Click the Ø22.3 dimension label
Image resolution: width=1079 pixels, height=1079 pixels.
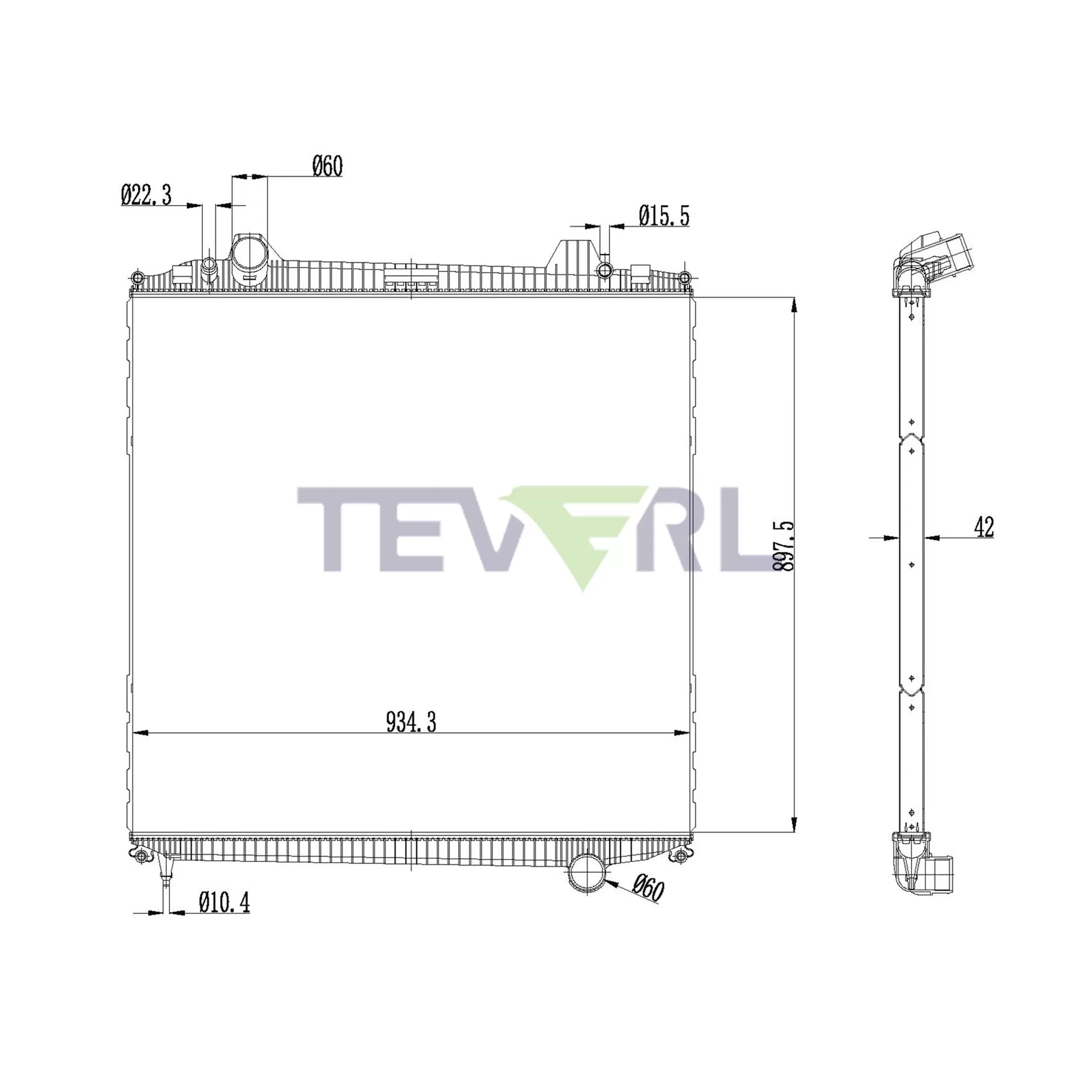[x=146, y=195]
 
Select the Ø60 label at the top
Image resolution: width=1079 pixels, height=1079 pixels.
[x=327, y=166]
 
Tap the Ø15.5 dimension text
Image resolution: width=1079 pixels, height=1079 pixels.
[x=664, y=216]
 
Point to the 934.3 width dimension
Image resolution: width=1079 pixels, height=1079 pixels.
[x=411, y=723]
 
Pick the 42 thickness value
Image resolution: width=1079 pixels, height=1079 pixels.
[x=984, y=527]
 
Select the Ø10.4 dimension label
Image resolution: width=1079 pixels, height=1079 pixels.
[x=224, y=902]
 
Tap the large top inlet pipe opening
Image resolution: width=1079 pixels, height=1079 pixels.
[x=250, y=254]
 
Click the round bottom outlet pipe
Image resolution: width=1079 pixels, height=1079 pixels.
[x=586, y=875]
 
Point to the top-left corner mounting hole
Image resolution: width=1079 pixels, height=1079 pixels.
[x=138, y=277]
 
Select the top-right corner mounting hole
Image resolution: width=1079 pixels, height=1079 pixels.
[x=685, y=277]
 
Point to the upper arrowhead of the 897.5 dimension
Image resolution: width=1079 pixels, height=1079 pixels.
[x=794, y=305]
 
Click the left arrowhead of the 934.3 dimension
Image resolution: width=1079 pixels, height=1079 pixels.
[x=140, y=733]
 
